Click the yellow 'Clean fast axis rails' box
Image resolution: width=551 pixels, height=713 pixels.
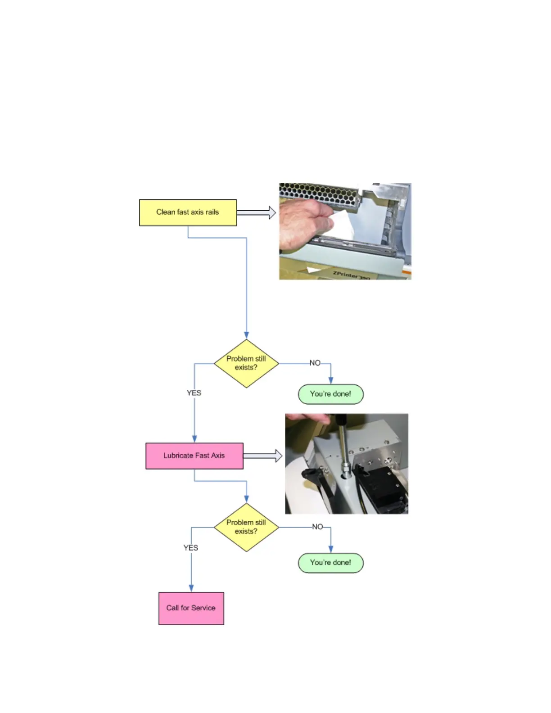coord(188,212)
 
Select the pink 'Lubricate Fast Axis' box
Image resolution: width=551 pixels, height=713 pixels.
coord(194,456)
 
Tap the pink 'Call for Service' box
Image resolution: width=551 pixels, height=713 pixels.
coord(191,608)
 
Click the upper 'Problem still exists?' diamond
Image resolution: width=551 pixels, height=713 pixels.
coord(246,363)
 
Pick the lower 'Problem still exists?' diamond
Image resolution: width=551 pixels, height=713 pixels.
coord(246,527)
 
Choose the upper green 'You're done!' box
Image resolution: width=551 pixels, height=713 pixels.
coord(330,394)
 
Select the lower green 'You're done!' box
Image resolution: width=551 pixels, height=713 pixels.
coord(330,563)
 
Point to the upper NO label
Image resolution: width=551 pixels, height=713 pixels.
coord(315,363)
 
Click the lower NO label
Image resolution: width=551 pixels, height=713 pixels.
coord(317,527)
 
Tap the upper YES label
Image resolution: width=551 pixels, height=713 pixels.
coord(194,393)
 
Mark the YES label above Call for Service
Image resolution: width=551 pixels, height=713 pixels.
coord(190,548)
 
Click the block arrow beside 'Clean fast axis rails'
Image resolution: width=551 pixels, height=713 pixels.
coord(256,212)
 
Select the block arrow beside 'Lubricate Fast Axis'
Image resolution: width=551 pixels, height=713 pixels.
coord(262,456)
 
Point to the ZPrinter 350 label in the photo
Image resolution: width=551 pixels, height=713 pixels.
coord(351,275)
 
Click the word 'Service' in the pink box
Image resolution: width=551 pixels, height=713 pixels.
coord(203,608)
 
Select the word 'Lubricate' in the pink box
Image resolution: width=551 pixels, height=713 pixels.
coord(178,456)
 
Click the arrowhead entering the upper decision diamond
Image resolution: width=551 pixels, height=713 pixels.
coord(246,335)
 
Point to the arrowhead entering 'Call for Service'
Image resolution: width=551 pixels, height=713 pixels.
coord(191,588)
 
